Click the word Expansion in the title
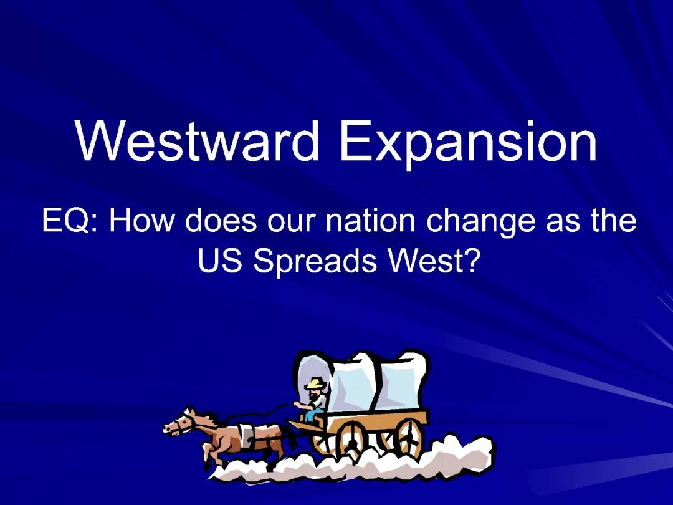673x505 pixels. [x=467, y=142]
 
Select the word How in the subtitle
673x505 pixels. [x=143, y=221]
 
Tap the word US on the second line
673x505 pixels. [x=222, y=262]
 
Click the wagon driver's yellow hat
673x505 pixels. [x=316, y=383]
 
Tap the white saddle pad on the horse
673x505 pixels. [x=255, y=432]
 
